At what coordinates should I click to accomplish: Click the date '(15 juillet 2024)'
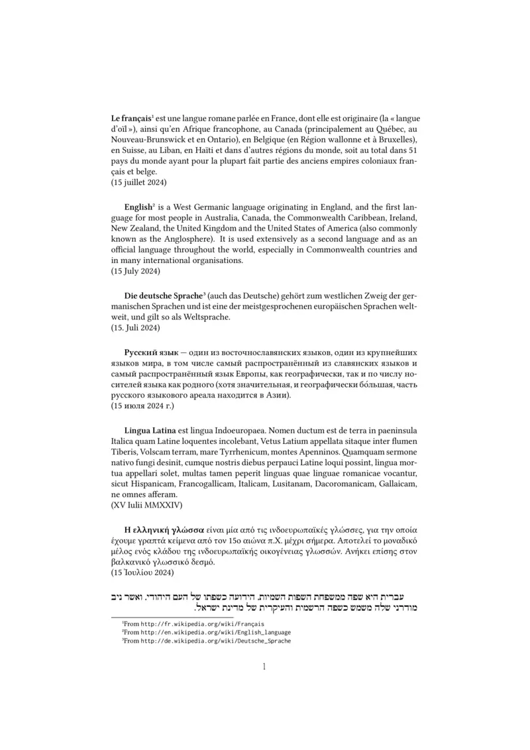tap(138, 182)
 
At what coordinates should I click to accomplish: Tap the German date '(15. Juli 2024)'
tap(135, 328)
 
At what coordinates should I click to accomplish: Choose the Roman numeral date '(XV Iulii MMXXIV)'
tap(146, 506)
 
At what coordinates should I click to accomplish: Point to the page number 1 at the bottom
tap(264, 667)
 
